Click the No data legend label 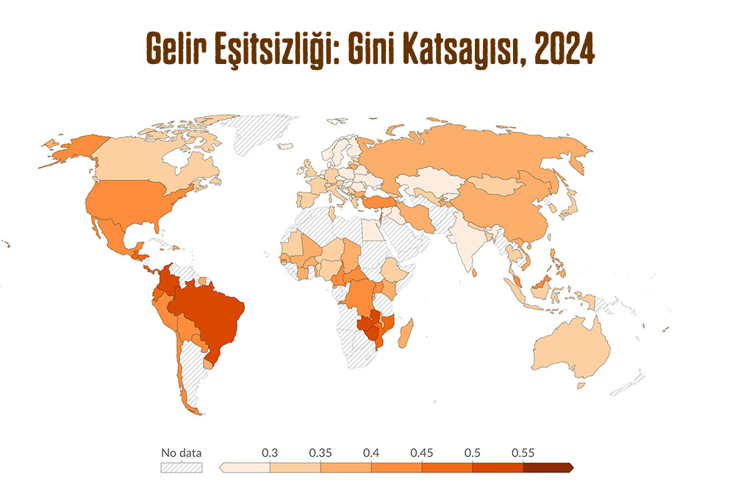tap(181, 452)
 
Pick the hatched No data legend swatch tap(181, 467)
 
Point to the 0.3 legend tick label tap(270, 452)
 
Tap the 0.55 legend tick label tap(523, 452)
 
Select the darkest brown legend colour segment tap(547, 467)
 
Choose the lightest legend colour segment tap(245, 467)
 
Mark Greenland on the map tap(257, 136)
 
